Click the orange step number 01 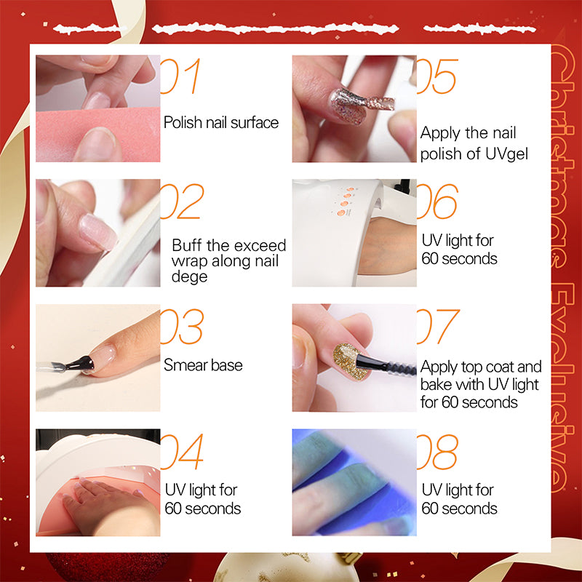point(180,76)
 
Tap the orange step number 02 point(183,202)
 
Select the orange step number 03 point(182,326)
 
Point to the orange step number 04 point(182,451)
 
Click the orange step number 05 point(437,76)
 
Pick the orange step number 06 point(437,202)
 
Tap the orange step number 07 point(438,326)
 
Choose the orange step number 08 point(437,451)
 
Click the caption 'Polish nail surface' point(221,122)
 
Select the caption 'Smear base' point(203,365)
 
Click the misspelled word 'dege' point(189,277)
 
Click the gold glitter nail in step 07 point(348,361)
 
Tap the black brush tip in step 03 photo point(81,363)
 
